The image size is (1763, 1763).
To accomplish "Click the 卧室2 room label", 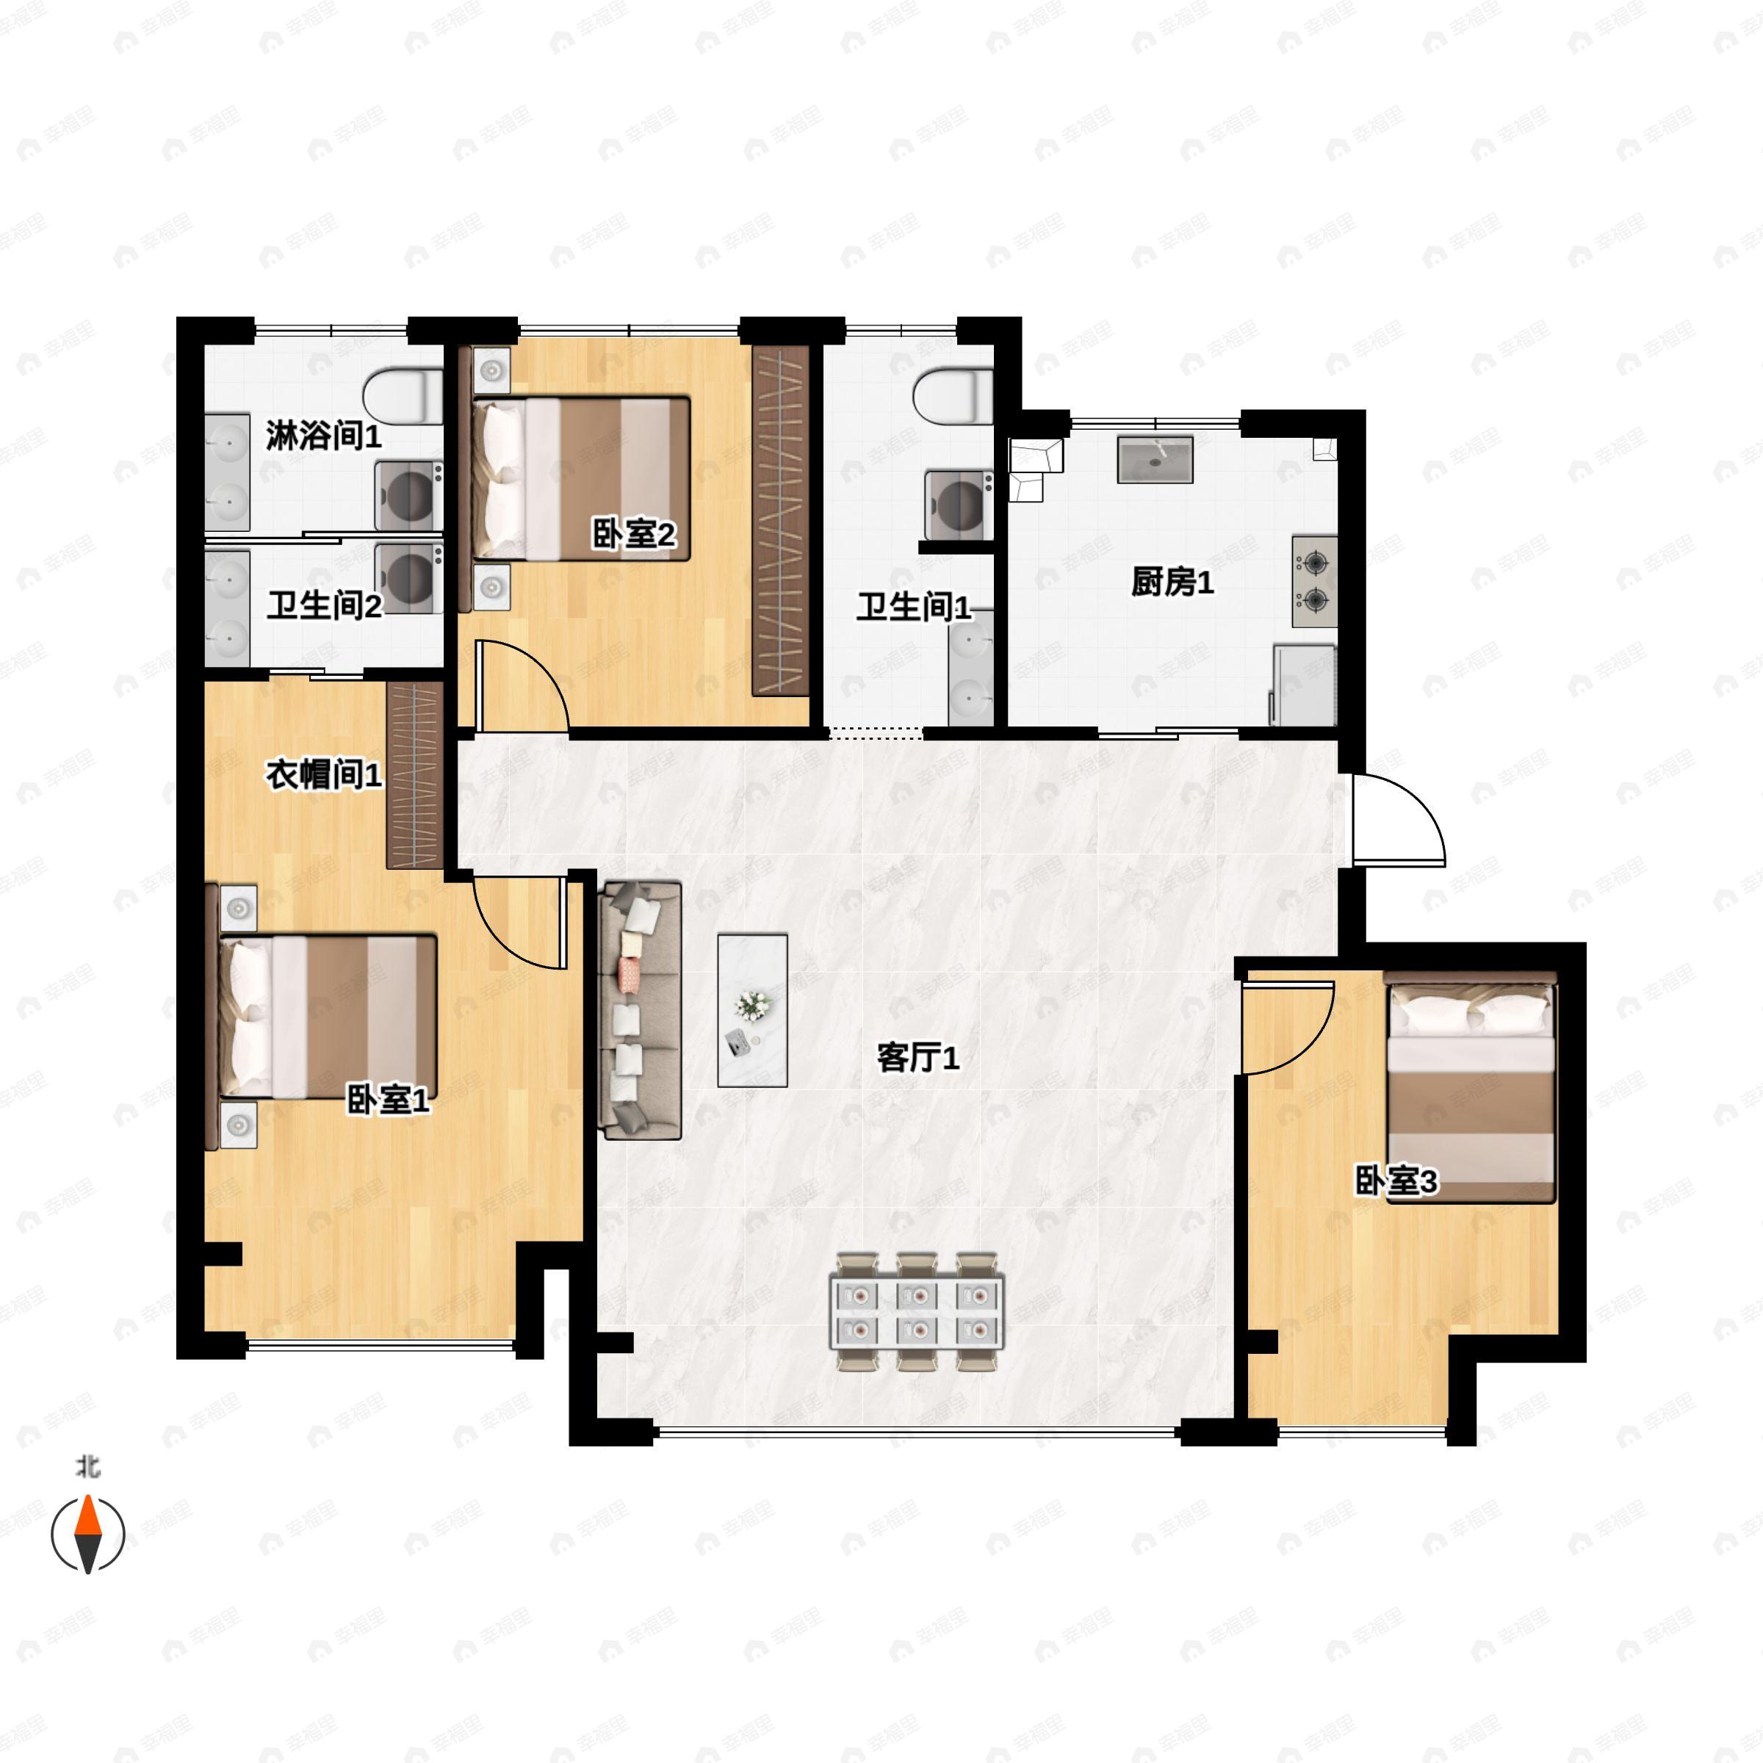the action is point(634,534).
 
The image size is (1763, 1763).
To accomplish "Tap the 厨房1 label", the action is point(1172,583).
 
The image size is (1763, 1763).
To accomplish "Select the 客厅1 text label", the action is point(918,1059).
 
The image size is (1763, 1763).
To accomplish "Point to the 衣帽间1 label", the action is point(324,776).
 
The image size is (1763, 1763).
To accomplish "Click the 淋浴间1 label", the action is point(324,436).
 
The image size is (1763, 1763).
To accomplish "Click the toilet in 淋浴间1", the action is point(403,396).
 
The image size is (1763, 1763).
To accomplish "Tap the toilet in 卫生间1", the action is point(953,396).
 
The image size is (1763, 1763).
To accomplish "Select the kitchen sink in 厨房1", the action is point(1155,459).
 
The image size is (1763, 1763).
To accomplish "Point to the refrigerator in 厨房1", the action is point(1303,685).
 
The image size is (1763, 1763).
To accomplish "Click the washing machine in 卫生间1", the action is point(959,505).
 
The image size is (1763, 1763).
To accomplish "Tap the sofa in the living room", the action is point(640,1010).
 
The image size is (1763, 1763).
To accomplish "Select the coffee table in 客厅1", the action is point(753,1010).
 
